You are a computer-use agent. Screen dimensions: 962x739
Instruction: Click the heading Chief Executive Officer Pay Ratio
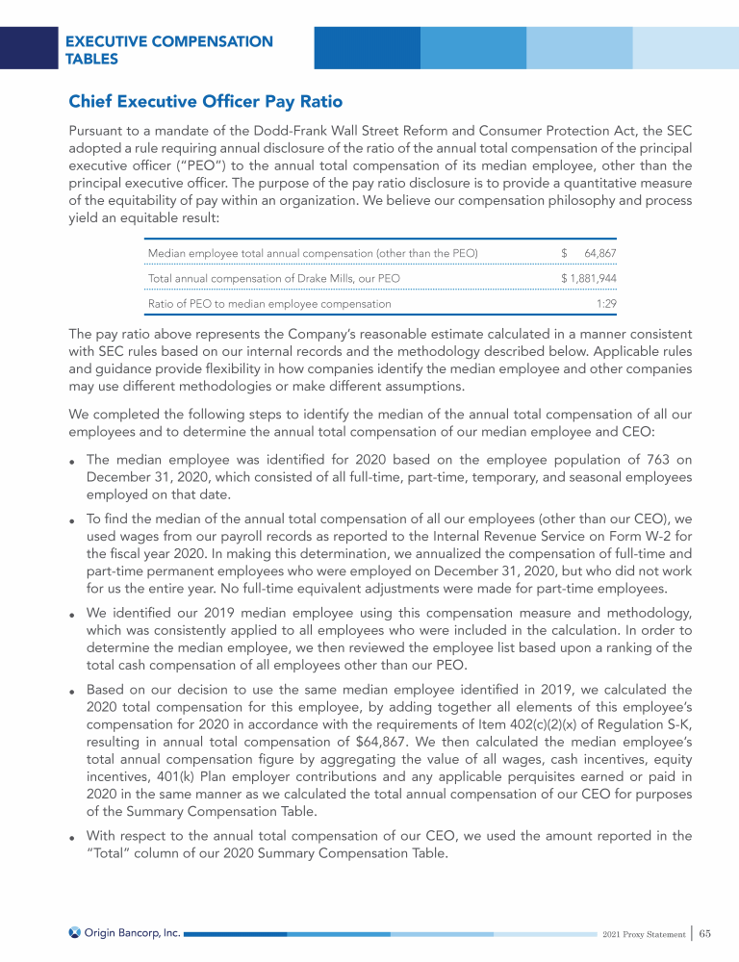(205, 101)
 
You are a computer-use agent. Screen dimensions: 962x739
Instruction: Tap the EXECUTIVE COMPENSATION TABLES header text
(168, 50)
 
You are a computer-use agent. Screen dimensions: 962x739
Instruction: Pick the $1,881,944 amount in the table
(588, 278)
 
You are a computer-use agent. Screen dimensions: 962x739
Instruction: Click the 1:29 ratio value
(605, 303)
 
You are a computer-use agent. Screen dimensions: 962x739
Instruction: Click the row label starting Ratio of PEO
(269, 303)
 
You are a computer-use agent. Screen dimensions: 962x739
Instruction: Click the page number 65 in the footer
(705, 932)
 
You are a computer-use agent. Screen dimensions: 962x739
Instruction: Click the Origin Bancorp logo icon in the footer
(75, 932)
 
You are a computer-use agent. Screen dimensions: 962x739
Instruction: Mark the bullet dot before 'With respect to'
(73, 838)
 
